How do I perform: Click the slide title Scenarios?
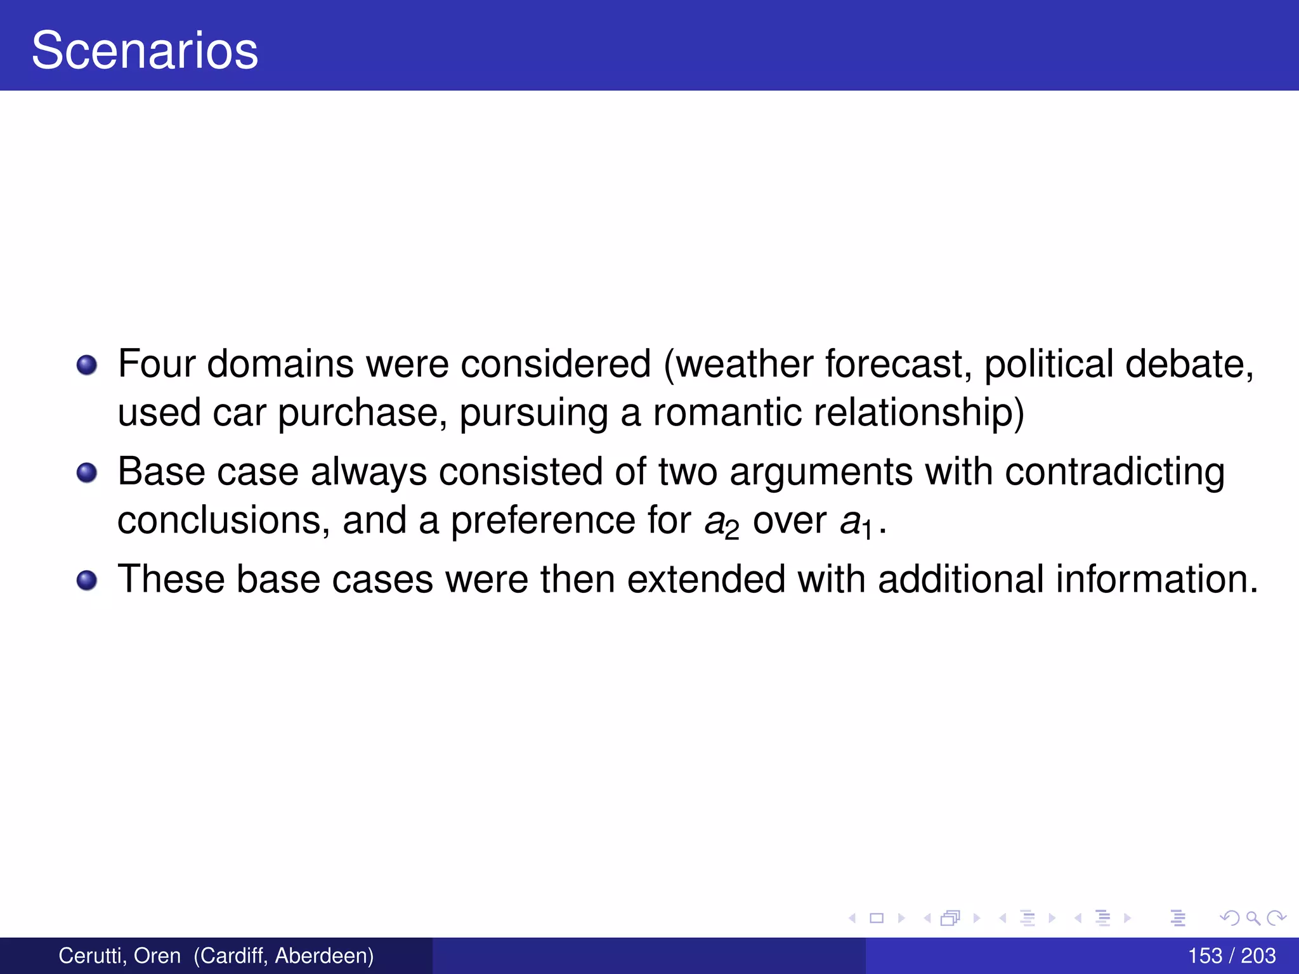(145, 51)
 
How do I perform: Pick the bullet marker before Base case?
(87, 472)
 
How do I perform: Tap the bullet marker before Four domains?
(87, 365)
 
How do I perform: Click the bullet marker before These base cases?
(87, 580)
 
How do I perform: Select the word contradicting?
(1114, 472)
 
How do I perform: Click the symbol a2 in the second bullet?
(722, 523)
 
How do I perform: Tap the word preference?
(542, 521)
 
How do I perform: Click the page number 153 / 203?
(1231, 956)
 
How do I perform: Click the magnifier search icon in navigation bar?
(1253, 918)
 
